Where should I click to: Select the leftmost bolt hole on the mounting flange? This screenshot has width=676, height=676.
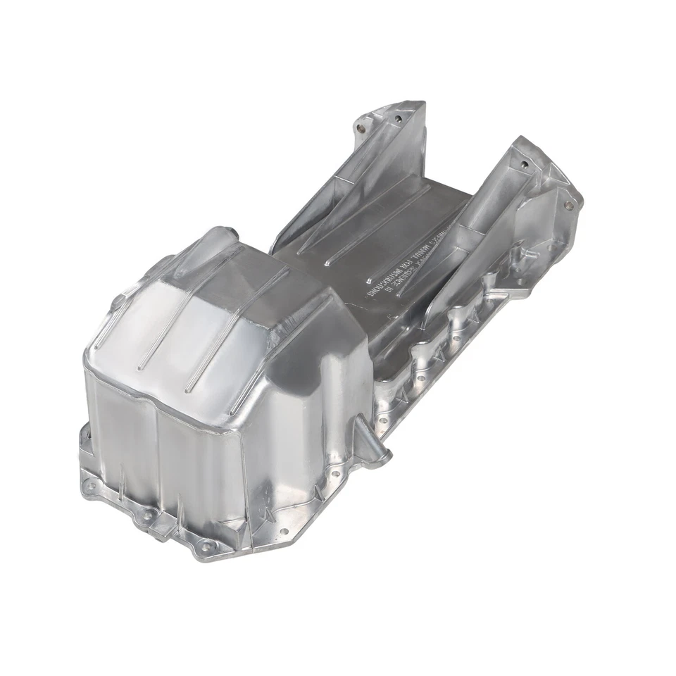(x=89, y=485)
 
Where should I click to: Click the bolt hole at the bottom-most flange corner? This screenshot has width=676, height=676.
(x=205, y=546)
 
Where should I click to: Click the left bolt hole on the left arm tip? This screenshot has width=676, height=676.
(x=361, y=129)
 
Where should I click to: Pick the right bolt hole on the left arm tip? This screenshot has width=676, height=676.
(x=398, y=118)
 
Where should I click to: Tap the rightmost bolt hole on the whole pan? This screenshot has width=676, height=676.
(x=568, y=205)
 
